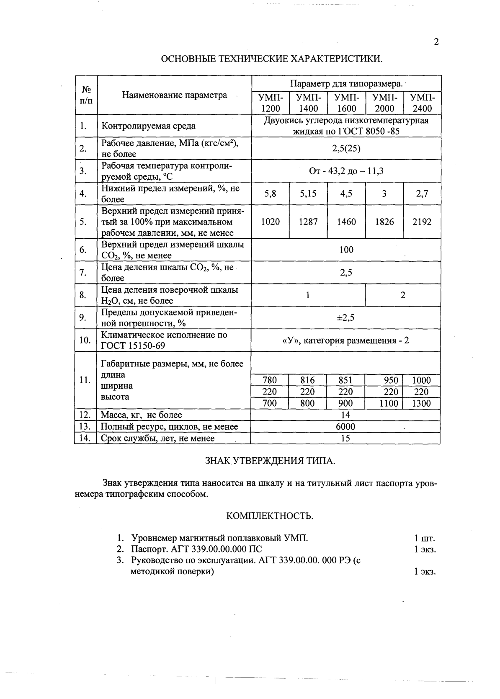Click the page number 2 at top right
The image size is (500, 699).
(x=436, y=42)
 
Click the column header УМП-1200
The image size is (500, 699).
(x=271, y=103)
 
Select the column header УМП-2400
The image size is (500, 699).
(x=422, y=103)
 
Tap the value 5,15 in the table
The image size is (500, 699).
(x=308, y=194)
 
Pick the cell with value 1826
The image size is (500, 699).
(x=384, y=222)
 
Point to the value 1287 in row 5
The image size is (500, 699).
(x=308, y=222)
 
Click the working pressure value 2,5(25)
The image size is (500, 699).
(x=346, y=149)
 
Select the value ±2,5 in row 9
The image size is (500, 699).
(x=346, y=318)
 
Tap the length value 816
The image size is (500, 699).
(x=308, y=380)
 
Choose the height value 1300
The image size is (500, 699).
(x=421, y=403)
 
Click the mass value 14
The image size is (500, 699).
(x=345, y=415)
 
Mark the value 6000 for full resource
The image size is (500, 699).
(x=345, y=427)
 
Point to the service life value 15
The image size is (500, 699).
(x=345, y=438)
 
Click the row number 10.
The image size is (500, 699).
(x=85, y=340)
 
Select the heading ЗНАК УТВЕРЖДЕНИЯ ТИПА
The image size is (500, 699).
(x=270, y=462)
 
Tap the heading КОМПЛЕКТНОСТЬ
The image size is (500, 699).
(x=270, y=516)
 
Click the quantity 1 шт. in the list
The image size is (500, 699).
(x=425, y=538)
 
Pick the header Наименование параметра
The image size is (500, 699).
(x=175, y=95)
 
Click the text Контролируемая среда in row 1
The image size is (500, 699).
(x=148, y=126)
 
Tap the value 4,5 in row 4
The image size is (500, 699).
(x=346, y=194)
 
